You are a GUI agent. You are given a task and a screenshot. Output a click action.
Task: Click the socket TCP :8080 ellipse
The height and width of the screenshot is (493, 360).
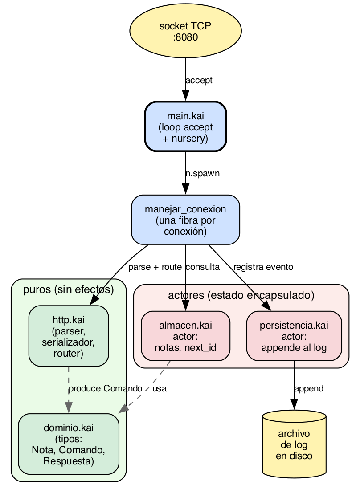(185, 31)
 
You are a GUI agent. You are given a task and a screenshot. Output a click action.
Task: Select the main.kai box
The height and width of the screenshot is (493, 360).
(185, 126)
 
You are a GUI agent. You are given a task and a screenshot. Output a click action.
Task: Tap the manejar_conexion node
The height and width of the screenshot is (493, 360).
(185, 220)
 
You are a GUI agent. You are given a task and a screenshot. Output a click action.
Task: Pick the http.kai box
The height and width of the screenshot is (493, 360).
(69, 336)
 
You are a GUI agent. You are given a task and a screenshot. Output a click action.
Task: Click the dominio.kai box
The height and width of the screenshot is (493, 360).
(69, 444)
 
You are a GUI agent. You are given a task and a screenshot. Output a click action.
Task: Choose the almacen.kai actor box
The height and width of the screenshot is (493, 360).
(185, 336)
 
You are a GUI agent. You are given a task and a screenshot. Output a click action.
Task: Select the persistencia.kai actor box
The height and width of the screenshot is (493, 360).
(294, 336)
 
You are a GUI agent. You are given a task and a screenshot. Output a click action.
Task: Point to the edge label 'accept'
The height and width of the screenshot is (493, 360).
(199, 81)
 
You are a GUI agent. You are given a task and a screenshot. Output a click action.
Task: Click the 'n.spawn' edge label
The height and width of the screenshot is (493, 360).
(202, 174)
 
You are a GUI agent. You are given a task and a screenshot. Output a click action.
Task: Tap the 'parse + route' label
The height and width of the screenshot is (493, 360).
(155, 267)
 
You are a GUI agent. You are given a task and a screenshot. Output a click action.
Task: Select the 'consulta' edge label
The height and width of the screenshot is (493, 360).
(203, 267)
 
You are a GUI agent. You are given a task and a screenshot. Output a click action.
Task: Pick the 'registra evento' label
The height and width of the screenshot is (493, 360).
(263, 267)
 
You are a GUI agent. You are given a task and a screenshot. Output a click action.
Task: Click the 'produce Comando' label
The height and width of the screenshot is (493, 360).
(106, 389)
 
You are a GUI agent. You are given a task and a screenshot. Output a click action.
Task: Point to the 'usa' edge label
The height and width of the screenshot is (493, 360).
(160, 389)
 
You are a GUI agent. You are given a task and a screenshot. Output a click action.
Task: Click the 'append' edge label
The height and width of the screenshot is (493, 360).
(309, 389)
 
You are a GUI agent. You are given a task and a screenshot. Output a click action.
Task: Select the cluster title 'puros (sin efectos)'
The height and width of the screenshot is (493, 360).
(69, 289)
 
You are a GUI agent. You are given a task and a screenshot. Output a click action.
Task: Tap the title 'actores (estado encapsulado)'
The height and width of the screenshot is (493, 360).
(241, 295)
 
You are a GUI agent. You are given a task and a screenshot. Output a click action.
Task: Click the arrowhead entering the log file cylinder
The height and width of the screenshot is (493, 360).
(294, 404)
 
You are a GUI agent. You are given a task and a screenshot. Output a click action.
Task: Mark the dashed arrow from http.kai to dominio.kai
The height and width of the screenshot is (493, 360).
(69, 390)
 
